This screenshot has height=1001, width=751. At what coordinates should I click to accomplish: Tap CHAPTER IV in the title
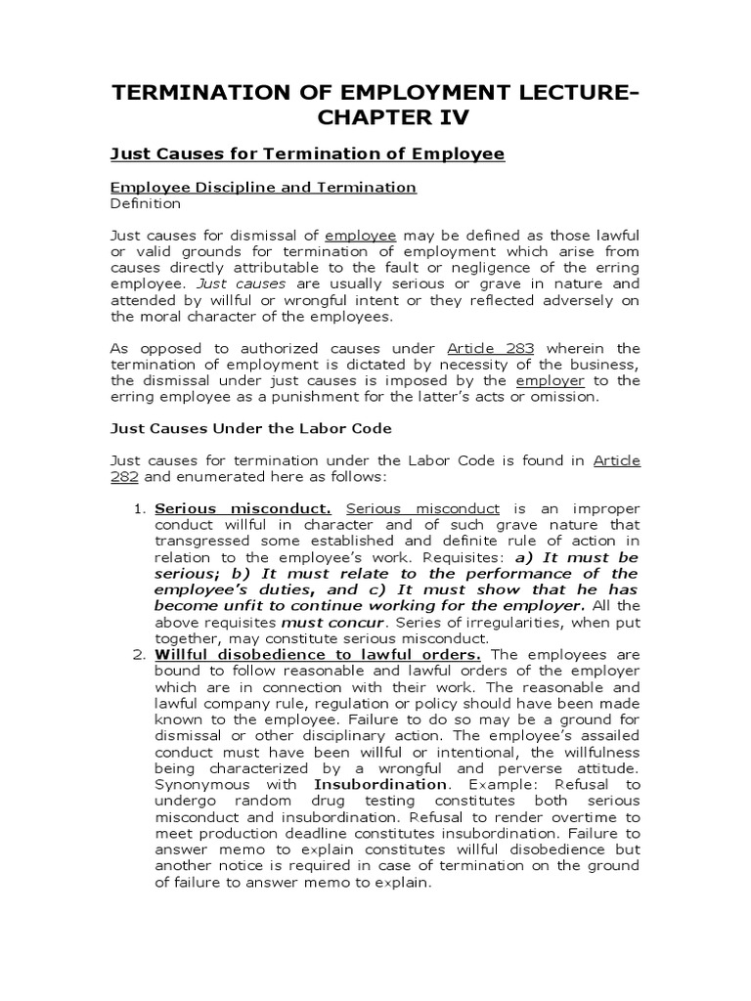tap(375, 118)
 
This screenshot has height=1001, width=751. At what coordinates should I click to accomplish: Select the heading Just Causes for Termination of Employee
tap(307, 153)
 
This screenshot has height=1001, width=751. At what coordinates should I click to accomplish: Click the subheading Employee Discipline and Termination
tap(263, 187)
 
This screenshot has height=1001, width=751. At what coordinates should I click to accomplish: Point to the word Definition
tap(145, 203)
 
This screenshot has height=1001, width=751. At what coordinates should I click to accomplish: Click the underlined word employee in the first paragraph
tap(360, 236)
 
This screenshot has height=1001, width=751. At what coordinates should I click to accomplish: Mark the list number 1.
tap(138, 509)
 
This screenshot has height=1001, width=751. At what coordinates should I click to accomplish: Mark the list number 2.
tap(138, 653)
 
